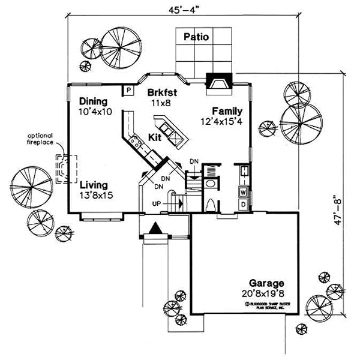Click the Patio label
pyautogui.click(x=196, y=37)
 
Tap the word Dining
pyautogui.click(x=92, y=101)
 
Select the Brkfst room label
pyautogui.click(x=161, y=93)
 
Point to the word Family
pyautogui.click(x=227, y=111)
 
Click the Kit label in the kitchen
pyautogui.click(x=155, y=137)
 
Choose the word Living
pyautogui.click(x=95, y=185)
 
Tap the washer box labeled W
pyautogui.click(x=243, y=193)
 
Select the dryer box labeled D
pyautogui.click(x=243, y=205)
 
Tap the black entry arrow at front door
pyautogui.click(x=154, y=229)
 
